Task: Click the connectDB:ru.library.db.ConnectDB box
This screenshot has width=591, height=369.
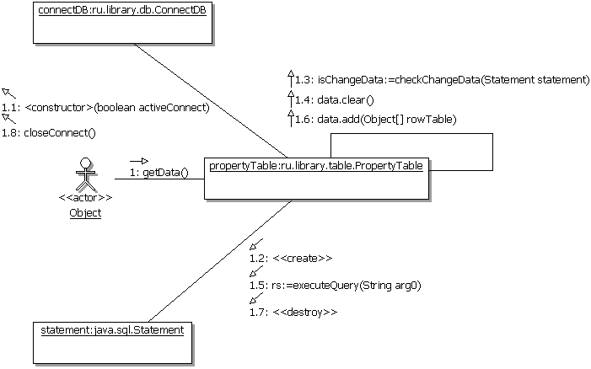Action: [x=122, y=23]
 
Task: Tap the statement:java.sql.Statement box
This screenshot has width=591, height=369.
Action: [x=111, y=341]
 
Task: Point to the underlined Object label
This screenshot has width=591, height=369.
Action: [x=85, y=213]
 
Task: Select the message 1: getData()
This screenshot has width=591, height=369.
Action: [x=159, y=173]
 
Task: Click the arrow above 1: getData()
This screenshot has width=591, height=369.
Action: [x=138, y=159]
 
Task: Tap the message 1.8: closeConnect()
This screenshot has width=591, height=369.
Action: [x=49, y=132]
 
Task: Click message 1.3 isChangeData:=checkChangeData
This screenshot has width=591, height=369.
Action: [x=442, y=79]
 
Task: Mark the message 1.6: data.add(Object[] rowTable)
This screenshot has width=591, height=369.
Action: [x=376, y=120]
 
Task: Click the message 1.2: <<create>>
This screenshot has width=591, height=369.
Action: [x=291, y=258]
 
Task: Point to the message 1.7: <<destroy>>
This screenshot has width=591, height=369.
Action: [x=293, y=313]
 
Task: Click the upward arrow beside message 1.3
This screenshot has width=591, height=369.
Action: [x=290, y=78]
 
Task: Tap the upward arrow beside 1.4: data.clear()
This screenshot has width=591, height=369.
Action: [x=290, y=98]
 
